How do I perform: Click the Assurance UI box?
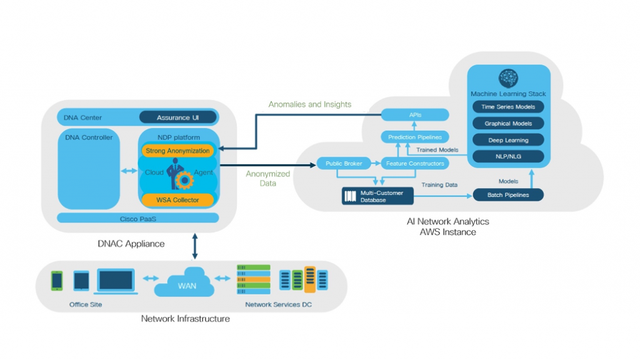pos(177,117)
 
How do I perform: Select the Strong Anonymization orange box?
pos(177,151)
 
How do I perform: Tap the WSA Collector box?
pos(177,199)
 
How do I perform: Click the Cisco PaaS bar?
pos(137,218)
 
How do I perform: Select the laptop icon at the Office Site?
pos(115,281)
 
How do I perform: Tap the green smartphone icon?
pos(57,280)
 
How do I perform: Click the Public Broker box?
pos(341,164)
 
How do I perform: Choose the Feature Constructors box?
pos(415,164)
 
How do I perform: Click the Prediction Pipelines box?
pos(415,137)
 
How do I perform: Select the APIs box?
pos(415,114)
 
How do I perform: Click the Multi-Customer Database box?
pos(377,196)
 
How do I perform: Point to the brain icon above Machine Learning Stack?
pos(508,78)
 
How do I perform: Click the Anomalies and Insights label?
pos(310,104)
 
